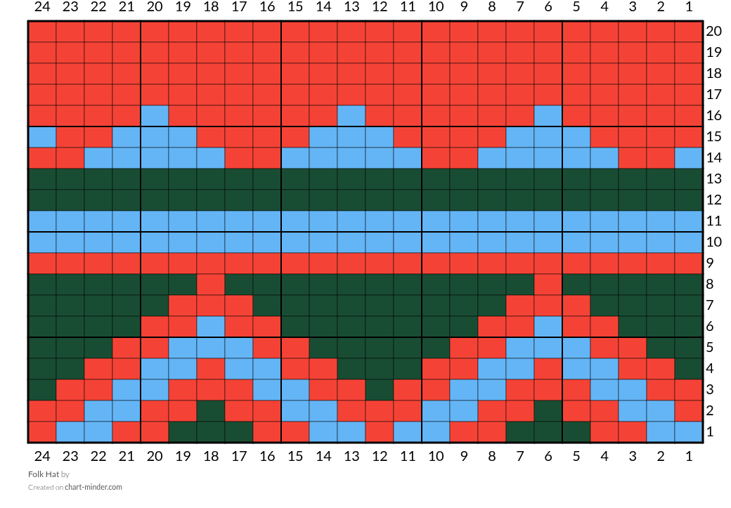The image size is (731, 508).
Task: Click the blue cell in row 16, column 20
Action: (x=155, y=115)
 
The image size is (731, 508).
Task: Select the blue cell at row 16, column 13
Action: (x=351, y=115)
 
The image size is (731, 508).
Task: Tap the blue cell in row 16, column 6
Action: (x=548, y=115)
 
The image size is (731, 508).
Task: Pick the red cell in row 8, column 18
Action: (x=211, y=285)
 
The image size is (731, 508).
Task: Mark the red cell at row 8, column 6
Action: (x=548, y=285)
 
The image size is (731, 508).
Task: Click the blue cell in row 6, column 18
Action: (x=211, y=326)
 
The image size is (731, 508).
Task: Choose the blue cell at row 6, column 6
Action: (x=548, y=326)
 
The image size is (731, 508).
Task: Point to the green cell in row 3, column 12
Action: (x=380, y=390)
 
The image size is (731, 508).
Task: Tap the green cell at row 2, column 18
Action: (x=211, y=410)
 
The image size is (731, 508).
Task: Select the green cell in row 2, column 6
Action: (x=548, y=410)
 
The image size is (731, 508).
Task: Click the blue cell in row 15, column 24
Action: (x=42, y=136)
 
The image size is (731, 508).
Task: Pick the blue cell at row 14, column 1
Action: (x=689, y=157)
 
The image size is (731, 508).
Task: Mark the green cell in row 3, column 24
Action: (x=42, y=390)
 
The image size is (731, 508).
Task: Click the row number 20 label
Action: (x=713, y=31)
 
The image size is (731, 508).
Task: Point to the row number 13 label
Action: (x=713, y=178)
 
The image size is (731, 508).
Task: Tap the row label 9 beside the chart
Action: (x=710, y=263)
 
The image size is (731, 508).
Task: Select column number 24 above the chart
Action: (x=42, y=6)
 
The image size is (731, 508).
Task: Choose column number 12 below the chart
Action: (x=380, y=456)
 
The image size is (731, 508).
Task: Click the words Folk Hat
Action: (x=44, y=474)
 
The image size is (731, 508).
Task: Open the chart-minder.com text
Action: (x=93, y=487)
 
